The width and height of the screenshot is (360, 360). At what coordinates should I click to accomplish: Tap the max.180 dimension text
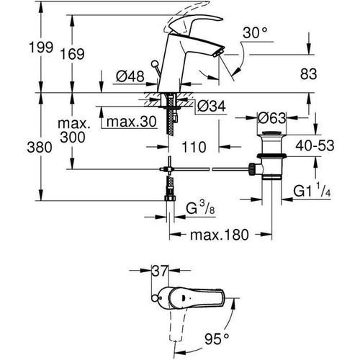pos(220,235)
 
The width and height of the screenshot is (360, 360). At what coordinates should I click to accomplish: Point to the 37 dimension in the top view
pos(158,271)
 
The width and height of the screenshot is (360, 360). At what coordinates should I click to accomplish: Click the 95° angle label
pos(214,336)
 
